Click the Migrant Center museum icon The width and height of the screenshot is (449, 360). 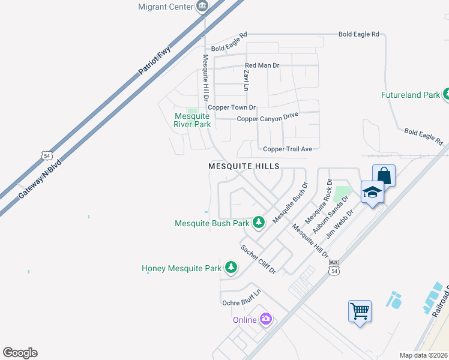point(202,7)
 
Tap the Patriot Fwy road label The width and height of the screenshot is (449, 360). point(155,60)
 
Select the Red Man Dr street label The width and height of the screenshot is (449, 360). point(262,65)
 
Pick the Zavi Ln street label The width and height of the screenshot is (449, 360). point(246,80)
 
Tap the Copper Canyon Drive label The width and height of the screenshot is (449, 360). point(267,117)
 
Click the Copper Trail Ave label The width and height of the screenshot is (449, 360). point(288,149)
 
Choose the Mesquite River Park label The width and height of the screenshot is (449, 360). point(192,120)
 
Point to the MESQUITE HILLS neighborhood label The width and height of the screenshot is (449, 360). point(244,166)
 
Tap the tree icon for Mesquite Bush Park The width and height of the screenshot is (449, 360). point(259,223)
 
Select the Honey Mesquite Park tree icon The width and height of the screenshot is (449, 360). point(231,268)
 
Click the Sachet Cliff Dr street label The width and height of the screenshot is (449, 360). point(258,259)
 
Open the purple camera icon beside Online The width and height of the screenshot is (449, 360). point(266,319)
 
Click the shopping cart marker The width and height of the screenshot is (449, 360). point(360,311)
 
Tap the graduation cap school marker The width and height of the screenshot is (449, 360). point(372,192)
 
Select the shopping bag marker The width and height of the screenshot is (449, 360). point(384,176)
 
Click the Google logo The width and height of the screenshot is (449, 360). point(20,353)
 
